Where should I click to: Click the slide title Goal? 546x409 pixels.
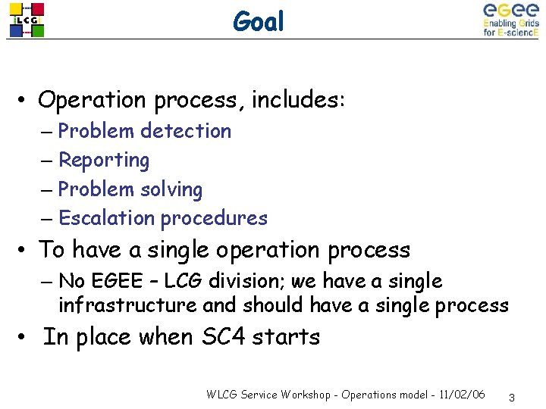click(x=259, y=22)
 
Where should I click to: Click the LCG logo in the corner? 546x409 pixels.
click(x=27, y=20)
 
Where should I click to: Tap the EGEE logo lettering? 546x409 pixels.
click(x=510, y=11)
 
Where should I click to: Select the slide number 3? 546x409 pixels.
click(x=513, y=397)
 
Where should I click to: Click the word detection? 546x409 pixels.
click(x=186, y=131)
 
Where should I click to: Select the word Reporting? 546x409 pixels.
click(x=104, y=161)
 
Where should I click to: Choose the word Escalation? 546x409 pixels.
click(x=106, y=218)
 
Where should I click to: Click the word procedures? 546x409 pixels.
click(x=214, y=219)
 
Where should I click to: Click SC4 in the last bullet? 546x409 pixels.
click(x=224, y=336)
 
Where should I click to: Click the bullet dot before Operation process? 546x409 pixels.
click(x=25, y=101)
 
